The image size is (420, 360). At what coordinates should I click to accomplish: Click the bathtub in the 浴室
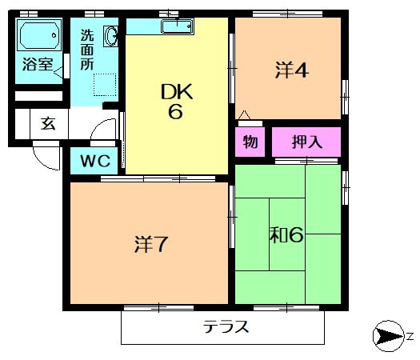tap(39, 35)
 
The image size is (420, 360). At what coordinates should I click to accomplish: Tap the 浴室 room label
tap(38, 64)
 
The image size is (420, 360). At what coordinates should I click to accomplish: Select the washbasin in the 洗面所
tap(110, 36)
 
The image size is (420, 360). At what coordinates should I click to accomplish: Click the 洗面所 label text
tap(87, 50)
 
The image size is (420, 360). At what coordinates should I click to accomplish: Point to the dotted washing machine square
tap(105, 85)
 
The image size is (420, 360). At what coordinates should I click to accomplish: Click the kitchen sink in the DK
tap(177, 26)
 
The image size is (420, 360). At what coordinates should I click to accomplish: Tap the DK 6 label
tap(177, 101)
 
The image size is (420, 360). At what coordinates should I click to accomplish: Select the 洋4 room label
tap(291, 70)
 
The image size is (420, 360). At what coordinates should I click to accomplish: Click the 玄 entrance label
tap(48, 124)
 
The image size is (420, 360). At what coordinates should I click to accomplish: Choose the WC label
tap(95, 161)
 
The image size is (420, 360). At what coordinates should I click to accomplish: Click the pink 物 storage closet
tap(250, 142)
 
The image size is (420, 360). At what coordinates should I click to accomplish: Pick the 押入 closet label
tap(307, 142)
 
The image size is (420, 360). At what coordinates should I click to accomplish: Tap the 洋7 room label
tap(151, 244)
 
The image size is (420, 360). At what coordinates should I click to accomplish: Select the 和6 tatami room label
tap(286, 235)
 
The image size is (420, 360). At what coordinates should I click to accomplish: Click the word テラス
tap(226, 326)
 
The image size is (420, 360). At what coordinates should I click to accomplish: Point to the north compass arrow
tap(389, 336)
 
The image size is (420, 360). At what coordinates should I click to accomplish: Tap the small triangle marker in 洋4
tap(244, 114)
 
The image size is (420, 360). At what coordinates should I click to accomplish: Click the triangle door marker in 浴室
tap(58, 72)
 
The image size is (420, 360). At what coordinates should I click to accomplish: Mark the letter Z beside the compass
tap(410, 336)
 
